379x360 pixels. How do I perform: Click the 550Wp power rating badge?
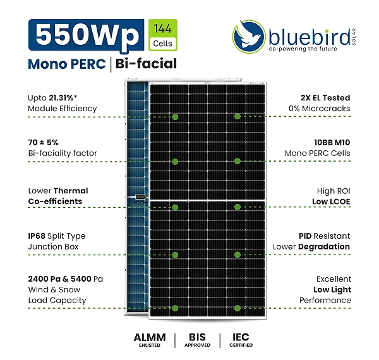(x=87, y=35)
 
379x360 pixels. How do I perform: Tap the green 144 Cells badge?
(x=163, y=35)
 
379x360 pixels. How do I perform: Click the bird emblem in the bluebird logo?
(x=249, y=36)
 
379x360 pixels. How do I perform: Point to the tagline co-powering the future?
(x=303, y=49)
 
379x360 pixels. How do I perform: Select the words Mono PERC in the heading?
(x=67, y=64)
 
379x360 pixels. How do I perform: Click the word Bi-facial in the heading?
(x=147, y=64)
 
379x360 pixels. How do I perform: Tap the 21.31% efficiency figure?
(x=61, y=98)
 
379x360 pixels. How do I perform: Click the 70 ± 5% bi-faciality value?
(x=43, y=143)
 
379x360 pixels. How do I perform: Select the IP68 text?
(x=37, y=236)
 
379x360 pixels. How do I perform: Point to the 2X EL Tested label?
(x=325, y=98)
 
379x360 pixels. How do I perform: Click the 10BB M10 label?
(x=332, y=143)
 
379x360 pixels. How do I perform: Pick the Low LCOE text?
(x=331, y=201)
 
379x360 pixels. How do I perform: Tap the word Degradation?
(x=324, y=247)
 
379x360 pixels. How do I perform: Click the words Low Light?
(x=332, y=290)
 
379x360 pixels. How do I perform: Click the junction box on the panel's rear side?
(x=139, y=197)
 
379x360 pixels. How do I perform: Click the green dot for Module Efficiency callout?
(x=175, y=117)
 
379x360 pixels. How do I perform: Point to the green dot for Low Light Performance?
(x=238, y=308)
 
